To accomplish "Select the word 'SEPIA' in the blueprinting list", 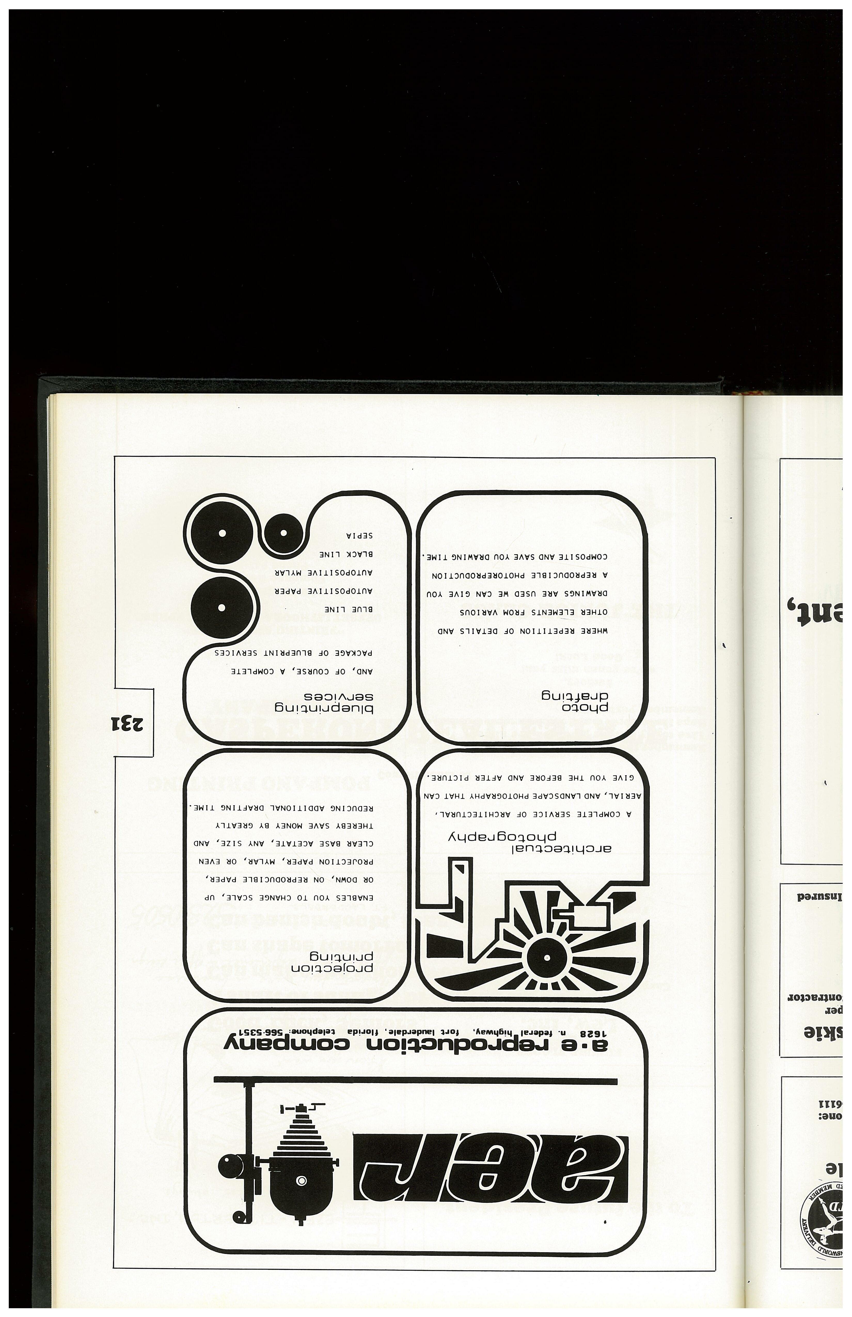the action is [x=360, y=536].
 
